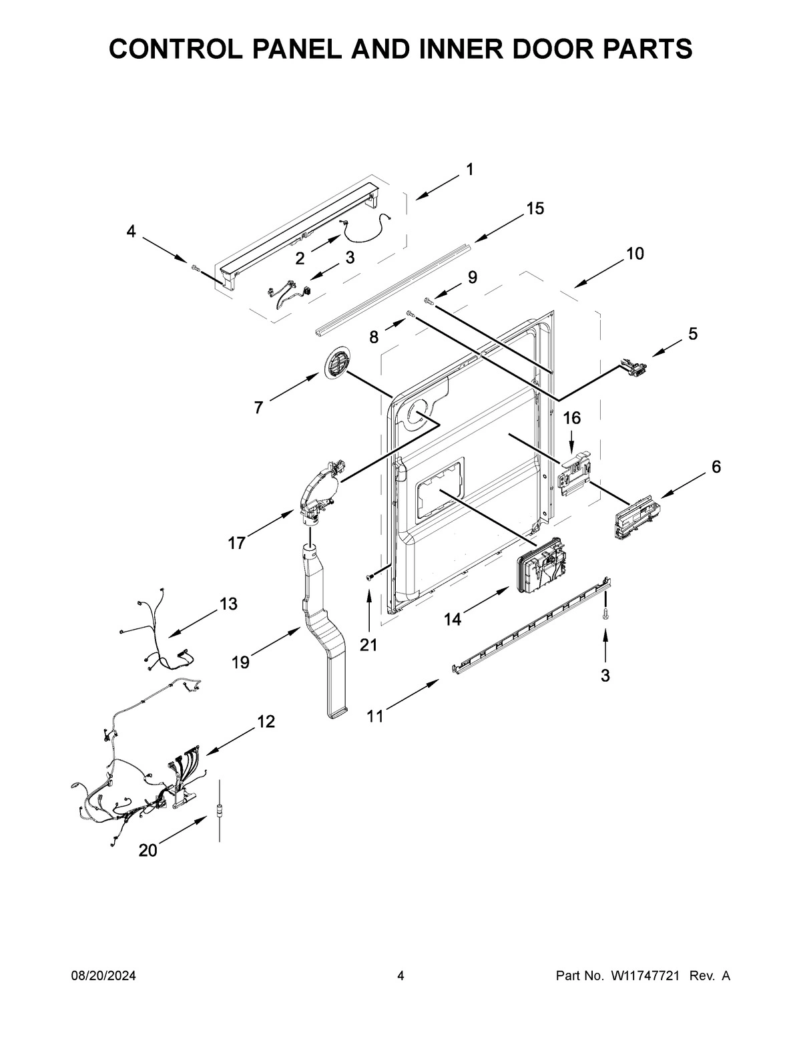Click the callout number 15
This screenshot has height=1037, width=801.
(535, 208)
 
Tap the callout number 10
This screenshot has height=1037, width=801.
(635, 254)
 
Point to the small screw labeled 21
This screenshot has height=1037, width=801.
(368, 576)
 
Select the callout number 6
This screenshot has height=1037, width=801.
(716, 467)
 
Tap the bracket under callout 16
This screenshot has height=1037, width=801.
(574, 473)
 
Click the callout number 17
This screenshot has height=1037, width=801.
(236, 543)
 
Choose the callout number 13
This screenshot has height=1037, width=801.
(228, 604)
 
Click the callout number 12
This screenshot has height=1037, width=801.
(266, 721)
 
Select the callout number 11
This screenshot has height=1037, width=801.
(375, 716)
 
